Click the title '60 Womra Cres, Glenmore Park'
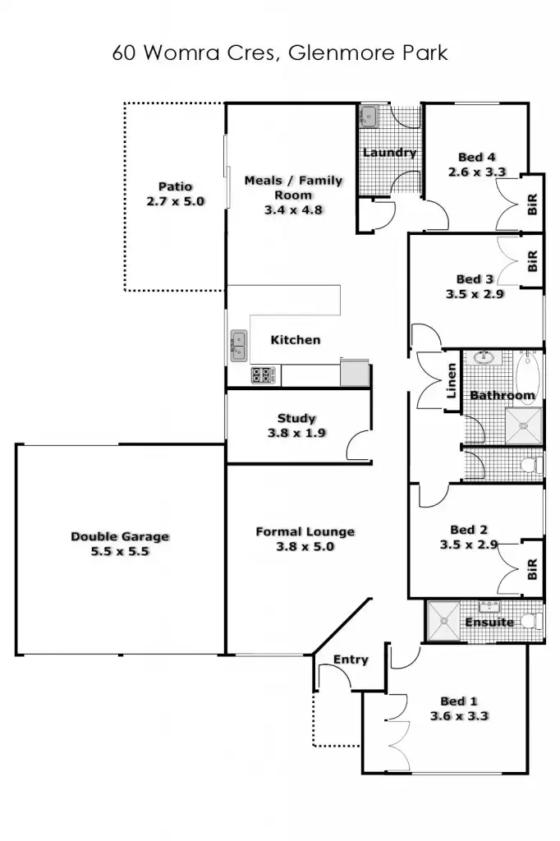tap(280, 53)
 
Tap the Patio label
tap(175, 186)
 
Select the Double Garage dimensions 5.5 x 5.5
tap(120, 552)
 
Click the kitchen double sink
tap(238, 346)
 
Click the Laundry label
tap(389, 152)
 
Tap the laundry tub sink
tap(369, 115)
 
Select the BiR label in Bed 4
tap(532, 205)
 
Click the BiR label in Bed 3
tap(532, 261)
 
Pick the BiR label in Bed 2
tap(532, 568)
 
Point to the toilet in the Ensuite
tap(533, 621)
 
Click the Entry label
tap(351, 659)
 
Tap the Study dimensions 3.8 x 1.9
tap(296, 433)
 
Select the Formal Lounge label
tap(305, 531)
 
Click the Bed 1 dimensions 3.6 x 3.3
tap(459, 716)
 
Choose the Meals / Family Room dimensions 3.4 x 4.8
tap(294, 209)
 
